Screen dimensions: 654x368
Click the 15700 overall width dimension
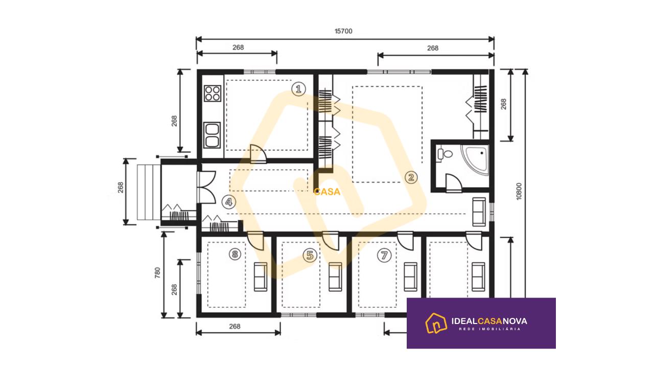(x=343, y=31)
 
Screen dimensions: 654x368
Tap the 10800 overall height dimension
(x=519, y=191)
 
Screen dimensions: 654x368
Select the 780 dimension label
(x=157, y=272)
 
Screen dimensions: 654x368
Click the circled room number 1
(x=299, y=89)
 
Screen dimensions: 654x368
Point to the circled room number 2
(x=411, y=177)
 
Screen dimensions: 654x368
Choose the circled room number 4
(x=228, y=202)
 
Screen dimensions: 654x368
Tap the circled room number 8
(x=235, y=254)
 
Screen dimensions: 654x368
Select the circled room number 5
(x=310, y=255)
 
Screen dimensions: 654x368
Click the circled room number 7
(x=384, y=255)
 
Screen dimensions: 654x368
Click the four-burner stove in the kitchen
(x=212, y=93)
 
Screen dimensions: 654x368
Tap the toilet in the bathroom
(x=444, y=154)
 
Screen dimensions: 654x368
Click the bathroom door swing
(x=454, y=183)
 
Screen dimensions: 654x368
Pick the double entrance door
(x=206, y=187)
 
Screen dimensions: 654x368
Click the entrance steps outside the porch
(x=149, y=192)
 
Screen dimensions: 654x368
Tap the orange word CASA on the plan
(x=327, y=192)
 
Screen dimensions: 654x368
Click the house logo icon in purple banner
(x=436, y=323)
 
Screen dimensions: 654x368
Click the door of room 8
(x=255, y=241)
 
